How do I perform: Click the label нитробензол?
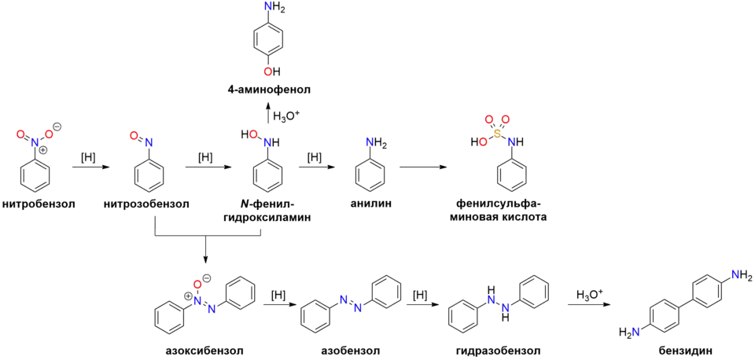coord(39,204)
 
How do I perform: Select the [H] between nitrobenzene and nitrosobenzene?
coord(88,158)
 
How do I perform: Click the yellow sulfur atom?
coord(498,133)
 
